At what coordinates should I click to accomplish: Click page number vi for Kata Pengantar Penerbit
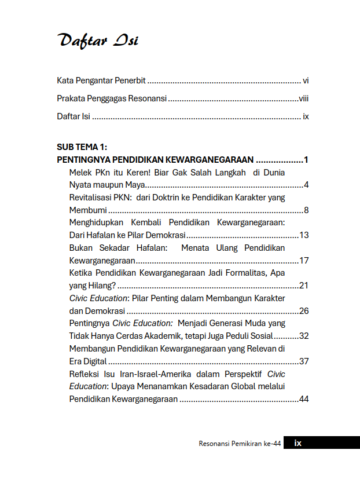tap(306, 81)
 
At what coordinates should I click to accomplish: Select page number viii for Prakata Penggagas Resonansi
tap(304, 98)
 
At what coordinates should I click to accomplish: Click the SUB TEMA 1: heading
tap(82, 147)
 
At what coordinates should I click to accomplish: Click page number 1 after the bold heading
tap(306, 160)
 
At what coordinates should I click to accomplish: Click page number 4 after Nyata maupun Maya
tap(306, 185)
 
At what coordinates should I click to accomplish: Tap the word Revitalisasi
tap(90, 198)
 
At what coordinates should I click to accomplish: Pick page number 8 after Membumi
tap(306, 210)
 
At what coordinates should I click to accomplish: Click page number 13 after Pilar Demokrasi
tap(303, 235)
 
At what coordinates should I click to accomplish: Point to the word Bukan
tap(80, 248)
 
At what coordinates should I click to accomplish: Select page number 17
tap(303, 261)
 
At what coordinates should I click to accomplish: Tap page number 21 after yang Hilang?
tap(303, 286)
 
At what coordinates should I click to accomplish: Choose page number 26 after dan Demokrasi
tap(303, 311)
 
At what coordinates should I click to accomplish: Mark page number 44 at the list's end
tap(303, 399)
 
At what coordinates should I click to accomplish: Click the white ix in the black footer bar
tap(297, 443)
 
